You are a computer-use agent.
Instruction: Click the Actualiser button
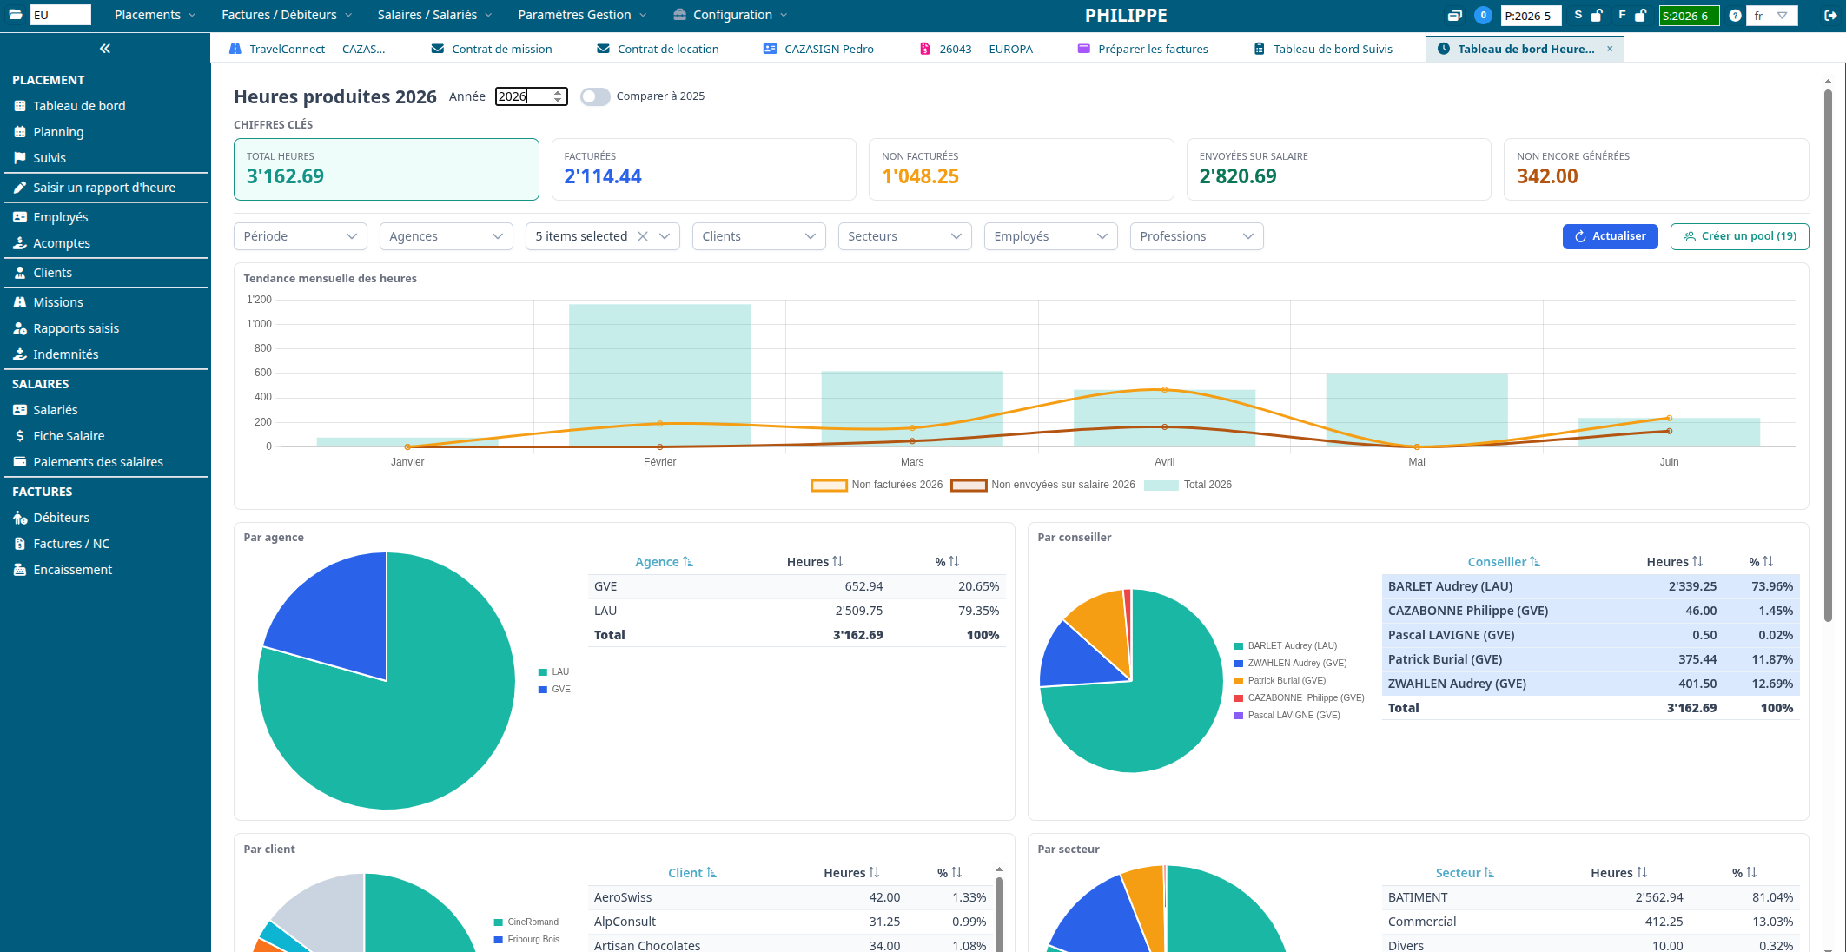click(x=1610, y=236)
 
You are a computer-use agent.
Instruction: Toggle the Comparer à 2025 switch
click(x=595, y=96)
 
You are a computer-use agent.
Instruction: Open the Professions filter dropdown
click(x=1196, y=236)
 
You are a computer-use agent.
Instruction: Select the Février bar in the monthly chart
click(x=660, y=375)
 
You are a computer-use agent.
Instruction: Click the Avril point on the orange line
click(x=1164, y=390)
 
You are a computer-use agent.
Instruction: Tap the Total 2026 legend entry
click(x=1188, y=485)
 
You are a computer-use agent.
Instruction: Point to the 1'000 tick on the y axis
click(x=259, y=324)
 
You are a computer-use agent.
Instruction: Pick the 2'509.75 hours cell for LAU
click(x=858, y=611)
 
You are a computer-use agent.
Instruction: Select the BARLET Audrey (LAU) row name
click(x=1450, y=586)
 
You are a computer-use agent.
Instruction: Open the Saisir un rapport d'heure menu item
click(x=104, y=188)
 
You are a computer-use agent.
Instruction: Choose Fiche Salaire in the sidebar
click(x=69, y=436)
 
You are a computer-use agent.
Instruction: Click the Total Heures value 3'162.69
click(x=285, y=176)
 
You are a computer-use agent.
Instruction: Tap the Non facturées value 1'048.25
click(x=920, y=176)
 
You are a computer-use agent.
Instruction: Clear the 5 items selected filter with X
click(x=643, y=236)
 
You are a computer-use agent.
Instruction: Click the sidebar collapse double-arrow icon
click(x=105, y=49)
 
